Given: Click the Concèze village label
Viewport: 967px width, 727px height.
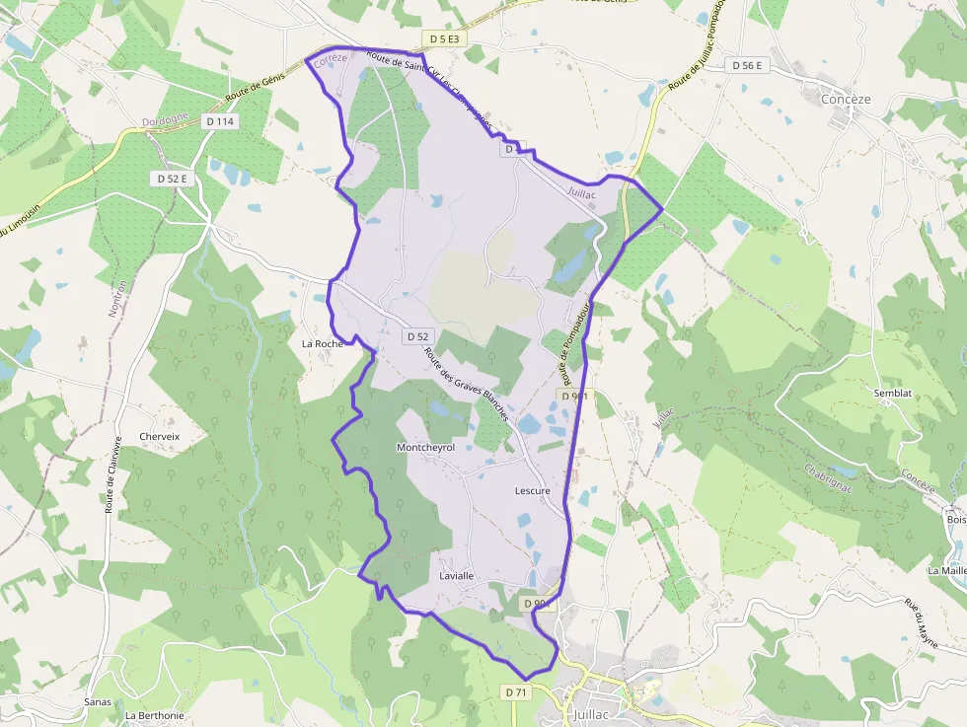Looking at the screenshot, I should tap(846, 100).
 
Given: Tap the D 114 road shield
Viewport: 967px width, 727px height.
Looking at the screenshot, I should tap(222, 121).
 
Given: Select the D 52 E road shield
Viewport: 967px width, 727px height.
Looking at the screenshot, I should tap(172, 179).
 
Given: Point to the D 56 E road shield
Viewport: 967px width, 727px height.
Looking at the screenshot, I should tap(746, 65).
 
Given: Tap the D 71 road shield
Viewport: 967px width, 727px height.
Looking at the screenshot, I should tap(516, 692).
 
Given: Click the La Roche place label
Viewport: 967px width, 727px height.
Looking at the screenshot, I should tap(322, 344).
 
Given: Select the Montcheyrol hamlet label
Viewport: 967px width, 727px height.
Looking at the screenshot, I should tap(425, 448).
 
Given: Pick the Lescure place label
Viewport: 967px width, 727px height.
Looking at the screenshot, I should tap(533, 490).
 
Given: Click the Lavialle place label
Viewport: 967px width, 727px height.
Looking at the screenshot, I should tap(457, 576).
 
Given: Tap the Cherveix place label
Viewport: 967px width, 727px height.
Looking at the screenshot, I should tap(160, 436).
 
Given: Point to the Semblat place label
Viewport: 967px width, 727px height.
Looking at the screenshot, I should tap(893, 393).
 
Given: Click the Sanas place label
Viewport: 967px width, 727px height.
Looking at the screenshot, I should tap(98, 701).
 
